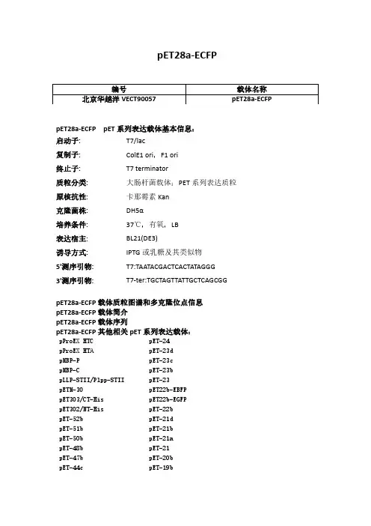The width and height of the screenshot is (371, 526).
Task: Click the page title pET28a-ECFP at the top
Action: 185,55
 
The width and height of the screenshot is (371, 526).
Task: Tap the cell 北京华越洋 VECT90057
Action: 118,99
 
